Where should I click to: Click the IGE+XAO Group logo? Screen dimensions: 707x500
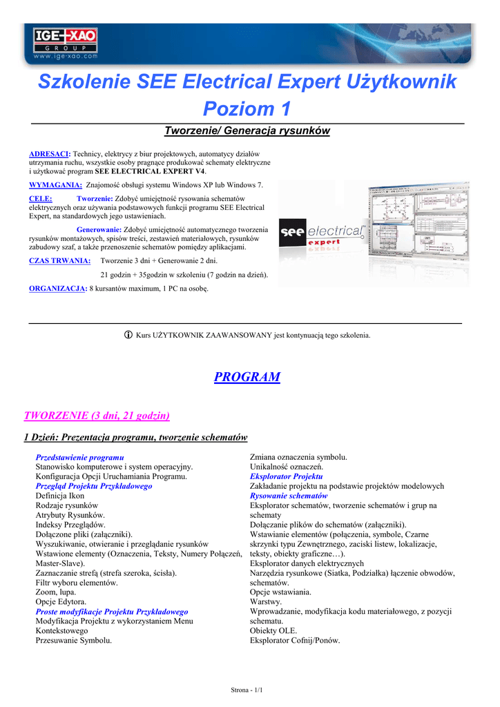coord(66,43)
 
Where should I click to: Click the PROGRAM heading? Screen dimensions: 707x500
coord(247,377)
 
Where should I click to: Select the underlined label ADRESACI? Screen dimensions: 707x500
coord(49,154)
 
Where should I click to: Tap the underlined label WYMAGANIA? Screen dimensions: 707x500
coord(55,185)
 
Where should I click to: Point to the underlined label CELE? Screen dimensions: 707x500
coord(40,198)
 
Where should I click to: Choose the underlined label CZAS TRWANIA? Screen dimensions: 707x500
coord(59,260)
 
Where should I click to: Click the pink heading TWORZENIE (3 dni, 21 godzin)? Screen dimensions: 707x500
coord(97,416)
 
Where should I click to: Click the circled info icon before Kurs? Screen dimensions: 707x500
coord(128,335)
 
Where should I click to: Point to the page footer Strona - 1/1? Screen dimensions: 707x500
coord(247,690)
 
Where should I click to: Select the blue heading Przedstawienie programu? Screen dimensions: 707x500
coord(79,457)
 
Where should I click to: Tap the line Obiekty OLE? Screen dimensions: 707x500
coord(273,630)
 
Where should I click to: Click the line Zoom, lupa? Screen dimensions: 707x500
coord(56,592)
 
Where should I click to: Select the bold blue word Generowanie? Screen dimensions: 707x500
coord(99,229)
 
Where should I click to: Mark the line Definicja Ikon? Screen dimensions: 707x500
coord(60,496)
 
